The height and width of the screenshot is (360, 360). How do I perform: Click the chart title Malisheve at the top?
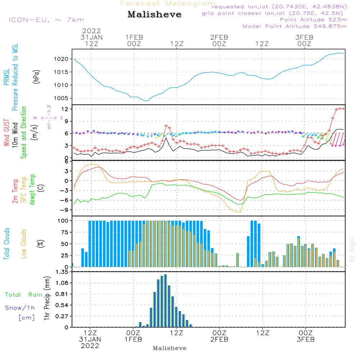154,14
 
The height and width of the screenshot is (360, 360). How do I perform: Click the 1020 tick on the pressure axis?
61,59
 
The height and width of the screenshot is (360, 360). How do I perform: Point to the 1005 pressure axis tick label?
61,98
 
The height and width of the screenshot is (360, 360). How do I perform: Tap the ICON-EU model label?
46,20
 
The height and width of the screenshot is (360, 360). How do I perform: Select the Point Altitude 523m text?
314,20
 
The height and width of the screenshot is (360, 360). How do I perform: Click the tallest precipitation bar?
165,301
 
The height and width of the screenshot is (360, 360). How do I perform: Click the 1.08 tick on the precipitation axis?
62,283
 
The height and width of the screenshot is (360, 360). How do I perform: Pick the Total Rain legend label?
24,295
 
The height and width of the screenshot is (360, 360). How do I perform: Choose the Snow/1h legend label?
20,308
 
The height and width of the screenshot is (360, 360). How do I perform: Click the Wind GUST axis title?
6,132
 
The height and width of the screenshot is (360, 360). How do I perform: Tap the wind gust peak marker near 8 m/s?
166,126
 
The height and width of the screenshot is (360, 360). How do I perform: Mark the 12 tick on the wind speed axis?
65,109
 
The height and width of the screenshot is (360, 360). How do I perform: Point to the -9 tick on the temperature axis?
64,210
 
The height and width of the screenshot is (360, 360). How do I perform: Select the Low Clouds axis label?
24,244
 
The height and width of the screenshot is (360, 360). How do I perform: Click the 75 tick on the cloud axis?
65,232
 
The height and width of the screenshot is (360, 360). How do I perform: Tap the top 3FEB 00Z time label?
305,41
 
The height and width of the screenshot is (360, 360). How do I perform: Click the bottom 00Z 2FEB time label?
220,336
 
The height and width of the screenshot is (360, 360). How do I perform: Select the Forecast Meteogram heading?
168,4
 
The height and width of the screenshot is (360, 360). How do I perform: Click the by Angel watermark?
352,249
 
